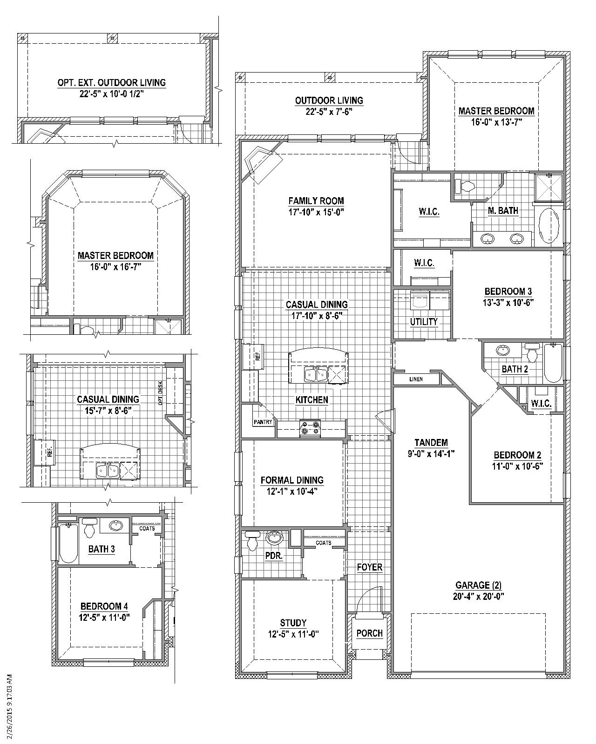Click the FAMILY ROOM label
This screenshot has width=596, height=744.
coord(316,201)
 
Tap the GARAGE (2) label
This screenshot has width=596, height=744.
coord(478,585)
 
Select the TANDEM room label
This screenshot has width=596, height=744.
coord(431,443)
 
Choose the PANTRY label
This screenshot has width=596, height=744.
coord(263,422)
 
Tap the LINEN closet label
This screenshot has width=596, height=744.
coord(416,379)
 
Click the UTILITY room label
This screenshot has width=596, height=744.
coord(424,322)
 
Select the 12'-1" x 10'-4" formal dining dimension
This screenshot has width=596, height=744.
coord(291,492)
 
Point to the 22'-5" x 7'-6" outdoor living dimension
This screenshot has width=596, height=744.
coord(329,112)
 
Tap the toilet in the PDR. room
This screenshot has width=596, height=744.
coord(252,540)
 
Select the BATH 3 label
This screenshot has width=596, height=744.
coord(101,549)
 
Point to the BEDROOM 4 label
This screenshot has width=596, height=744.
coord(104,606)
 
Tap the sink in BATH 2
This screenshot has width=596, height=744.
coord(502,351)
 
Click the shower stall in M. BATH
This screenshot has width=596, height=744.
coord(549,188)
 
